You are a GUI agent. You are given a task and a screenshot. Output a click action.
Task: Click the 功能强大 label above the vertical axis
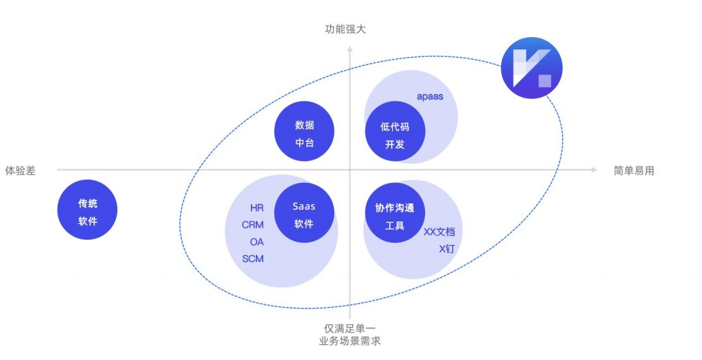350,29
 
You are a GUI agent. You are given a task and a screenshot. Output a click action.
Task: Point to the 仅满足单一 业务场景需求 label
350,334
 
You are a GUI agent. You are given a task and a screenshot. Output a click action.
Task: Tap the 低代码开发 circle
394,135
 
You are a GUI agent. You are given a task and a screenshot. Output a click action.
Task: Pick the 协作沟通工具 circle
394,215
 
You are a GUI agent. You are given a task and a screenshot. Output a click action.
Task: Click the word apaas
430,97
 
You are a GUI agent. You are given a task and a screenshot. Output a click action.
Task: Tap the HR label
257,207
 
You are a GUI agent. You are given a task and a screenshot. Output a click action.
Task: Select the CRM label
253,224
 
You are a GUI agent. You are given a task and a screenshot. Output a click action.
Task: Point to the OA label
256,241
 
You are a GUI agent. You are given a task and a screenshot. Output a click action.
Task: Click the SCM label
253,259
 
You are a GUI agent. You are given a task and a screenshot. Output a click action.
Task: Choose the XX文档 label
439,232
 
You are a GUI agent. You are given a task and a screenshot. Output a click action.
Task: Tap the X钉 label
446,248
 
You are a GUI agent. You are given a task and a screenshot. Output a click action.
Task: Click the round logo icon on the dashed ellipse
531,67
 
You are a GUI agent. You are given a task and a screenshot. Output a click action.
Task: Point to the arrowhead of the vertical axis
350,48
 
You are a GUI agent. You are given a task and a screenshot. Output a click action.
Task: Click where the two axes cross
350,169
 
